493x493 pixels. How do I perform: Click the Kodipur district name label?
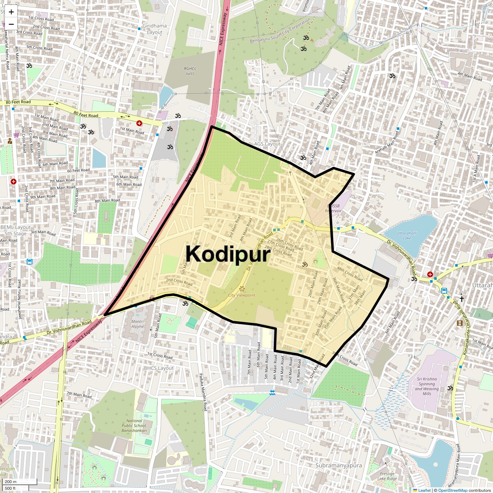(x=228, y=254)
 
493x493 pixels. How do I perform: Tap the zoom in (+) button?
(x=11, y=12)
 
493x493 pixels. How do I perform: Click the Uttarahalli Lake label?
(x=407, y=235)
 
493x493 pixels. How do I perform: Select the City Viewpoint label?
(x=242, y=295)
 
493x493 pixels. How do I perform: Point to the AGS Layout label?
(x=267, y=144)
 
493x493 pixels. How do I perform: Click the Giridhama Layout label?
(x=154, y=29)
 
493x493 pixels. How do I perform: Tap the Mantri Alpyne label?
(x=138, y=324)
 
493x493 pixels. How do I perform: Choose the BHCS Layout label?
(x=159, y=368)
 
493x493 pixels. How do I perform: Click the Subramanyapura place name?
(x=339, y=465)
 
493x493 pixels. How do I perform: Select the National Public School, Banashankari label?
(x=134, y=426)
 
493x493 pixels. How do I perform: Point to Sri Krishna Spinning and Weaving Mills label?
(x=426, y=386)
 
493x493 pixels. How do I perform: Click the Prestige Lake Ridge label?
(x=388, y=476)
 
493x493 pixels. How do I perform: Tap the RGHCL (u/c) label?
(x=190, y=71)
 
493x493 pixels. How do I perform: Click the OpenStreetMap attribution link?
(x=452, y=490)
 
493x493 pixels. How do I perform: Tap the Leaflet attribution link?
(x=424, y=490)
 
